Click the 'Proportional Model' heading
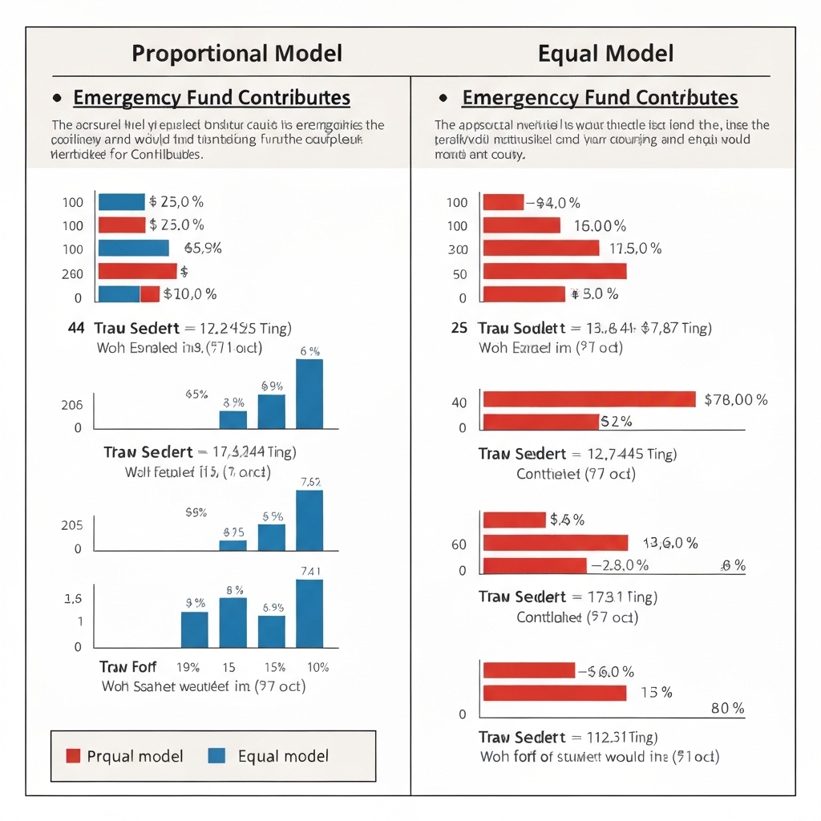(x=237, y=54)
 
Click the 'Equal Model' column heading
(x=605, y=54)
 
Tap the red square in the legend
(x=73, y=755)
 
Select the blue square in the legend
(x=216, y=755)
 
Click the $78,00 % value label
(x=735, y=399)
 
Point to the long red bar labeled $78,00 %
(x=588, y=399)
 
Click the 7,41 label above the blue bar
(x=310, y=571)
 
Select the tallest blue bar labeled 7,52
(x=310, y=520)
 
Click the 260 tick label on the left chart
(x=72, y=274)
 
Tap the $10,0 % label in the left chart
(x=190, y=294)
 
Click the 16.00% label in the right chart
(x=601, y=226)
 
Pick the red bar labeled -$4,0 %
(x=503, y=203)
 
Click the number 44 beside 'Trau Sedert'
(x=78, y=328)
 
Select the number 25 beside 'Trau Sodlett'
(x=459, y=328)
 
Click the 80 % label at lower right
(x=728, y=709)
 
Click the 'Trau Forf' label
(x=128, y=667)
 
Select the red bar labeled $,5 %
(x=514, y=520)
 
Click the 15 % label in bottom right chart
(x=657, y=693)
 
